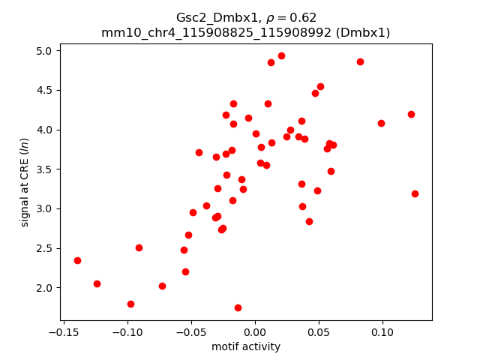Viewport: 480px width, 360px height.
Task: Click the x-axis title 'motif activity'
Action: pyautogui.click(x=246, y=346)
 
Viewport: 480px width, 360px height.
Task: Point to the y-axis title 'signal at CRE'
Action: pyautogui.click(x=25, y=182)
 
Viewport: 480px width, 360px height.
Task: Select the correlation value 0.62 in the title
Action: pyautogui.click(x=304, y=17)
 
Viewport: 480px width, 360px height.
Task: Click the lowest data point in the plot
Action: pyautogui.click(x=238, y=307)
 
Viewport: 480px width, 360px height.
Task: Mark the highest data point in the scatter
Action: pyautogui.click(x=281, y=55)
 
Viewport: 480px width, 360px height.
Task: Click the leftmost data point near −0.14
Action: pyautogui.click(x=77, y=260)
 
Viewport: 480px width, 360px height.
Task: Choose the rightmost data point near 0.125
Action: pyautogui.click(x=415, y=193)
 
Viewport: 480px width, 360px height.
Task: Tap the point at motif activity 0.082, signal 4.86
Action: pyautogui.click(x=360, y=61)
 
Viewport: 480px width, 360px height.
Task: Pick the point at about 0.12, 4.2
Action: pyautogui.click(x=411, y=114)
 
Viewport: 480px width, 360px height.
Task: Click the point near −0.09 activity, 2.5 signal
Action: pyautogui.click(x=139, y=247)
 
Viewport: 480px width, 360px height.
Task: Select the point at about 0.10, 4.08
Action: pyautogui.click(x=381, y=123)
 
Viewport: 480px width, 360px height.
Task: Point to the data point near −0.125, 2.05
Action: pyautogui.click(x=97, y=283)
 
